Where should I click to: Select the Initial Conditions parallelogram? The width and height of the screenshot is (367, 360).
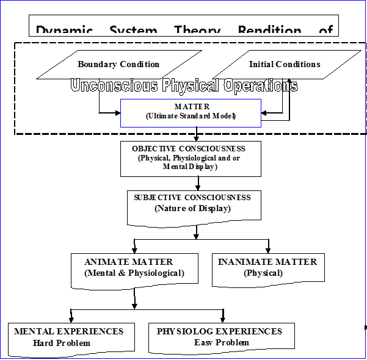coord(285,64)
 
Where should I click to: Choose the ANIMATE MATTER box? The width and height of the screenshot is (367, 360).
coord(134,268)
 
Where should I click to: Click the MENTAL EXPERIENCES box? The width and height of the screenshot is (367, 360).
coord(69,337)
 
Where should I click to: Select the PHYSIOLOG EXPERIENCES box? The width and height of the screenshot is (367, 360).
coord(221,337)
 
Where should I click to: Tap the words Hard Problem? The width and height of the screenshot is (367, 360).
coord(62,343)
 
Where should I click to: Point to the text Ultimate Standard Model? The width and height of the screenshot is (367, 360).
coord(191,116)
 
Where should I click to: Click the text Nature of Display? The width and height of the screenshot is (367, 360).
coord(192,209)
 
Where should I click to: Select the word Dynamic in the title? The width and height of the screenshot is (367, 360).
coord(64,30)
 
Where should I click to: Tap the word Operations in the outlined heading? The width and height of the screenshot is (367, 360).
coord(260,85)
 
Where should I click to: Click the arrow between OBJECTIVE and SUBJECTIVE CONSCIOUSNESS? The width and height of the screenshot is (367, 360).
coord(198,184)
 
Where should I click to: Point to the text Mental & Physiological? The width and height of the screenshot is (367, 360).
coord(134,273)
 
